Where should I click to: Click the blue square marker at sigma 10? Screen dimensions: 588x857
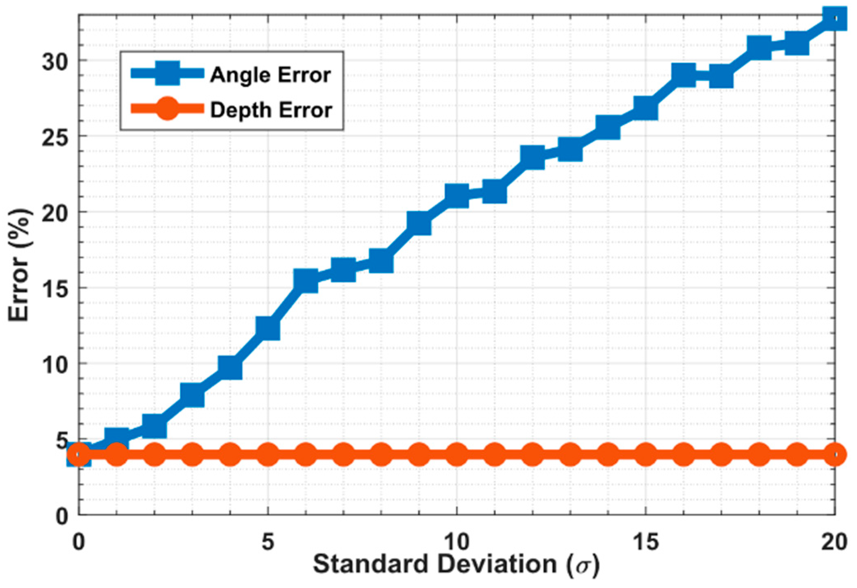pyautogui.click(x=457, y=195)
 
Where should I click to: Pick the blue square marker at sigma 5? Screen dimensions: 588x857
pyautogui.click(x=268, y=328)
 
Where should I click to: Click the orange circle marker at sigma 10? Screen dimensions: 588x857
pyautogui.click(x=457, y=455)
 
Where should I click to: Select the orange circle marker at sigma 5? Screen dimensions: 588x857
pyautogui.click(x=268, y=455)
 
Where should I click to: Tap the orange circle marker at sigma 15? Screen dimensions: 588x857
pyautogui.click(x=646, y=455)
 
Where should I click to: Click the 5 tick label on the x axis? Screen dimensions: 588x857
pyautogui.click(x=268, y=542)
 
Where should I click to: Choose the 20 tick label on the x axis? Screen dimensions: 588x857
pyautogui.click(x=834, y=542)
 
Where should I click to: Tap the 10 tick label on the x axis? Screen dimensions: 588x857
pyautogui.click(x=457, y=542)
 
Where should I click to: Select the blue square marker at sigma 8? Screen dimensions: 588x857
pyautogui.click(x=381, y=262)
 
